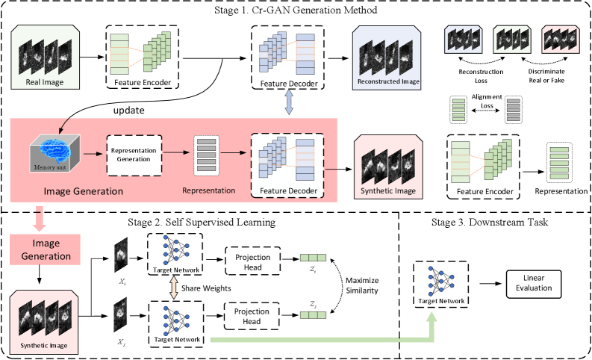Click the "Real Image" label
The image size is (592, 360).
(45, 83)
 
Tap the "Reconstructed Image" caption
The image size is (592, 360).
(388, 81)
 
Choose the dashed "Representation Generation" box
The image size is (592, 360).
(134, 155)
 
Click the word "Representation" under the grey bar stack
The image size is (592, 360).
(208, 190)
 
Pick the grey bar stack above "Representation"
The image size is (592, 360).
(206, 155)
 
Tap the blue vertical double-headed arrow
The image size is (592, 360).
(290, 102)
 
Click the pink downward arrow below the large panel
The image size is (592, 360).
(39, 219)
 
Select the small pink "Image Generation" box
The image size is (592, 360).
(46, 249)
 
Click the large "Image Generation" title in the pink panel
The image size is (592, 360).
(83, 191)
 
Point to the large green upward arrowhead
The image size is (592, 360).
(431, 320)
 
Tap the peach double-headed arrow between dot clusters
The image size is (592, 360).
(174, 288)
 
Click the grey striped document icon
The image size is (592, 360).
(512, 110)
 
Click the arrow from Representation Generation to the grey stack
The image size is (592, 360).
(177, 153)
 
